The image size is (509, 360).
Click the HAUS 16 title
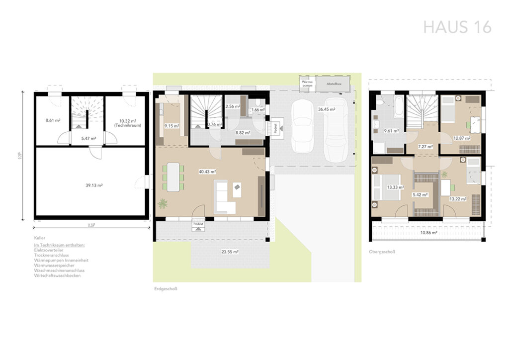(457, 27)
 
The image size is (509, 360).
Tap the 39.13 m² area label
(93, 185)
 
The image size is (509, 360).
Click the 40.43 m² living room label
(207, 172)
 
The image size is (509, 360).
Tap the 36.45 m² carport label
(327, 109)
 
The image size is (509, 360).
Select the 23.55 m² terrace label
(230, 252)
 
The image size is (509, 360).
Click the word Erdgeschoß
(165, 288)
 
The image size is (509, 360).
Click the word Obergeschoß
(382, 252)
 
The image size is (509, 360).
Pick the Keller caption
(40, 239)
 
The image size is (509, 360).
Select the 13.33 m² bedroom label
(395, 187)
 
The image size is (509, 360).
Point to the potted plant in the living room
(162, 203)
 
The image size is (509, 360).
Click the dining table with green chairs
(173, 177)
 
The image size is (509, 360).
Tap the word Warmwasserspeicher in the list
(55, 266)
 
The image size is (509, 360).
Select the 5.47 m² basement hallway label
(88, 138)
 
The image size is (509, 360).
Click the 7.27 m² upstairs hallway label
(425, 147)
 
